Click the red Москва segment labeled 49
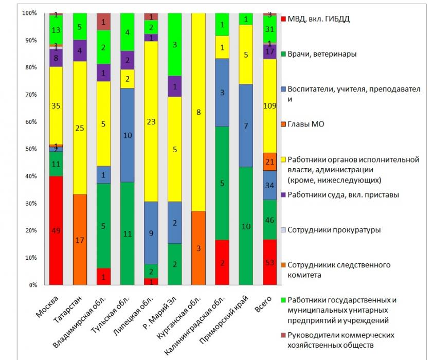coord(56,230)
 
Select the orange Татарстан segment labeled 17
coord(80,239)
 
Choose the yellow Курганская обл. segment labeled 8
coord(200,112)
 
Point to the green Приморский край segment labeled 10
coord(247,226)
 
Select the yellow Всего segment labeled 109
coord(270,105)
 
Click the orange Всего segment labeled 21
coord(270,161)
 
